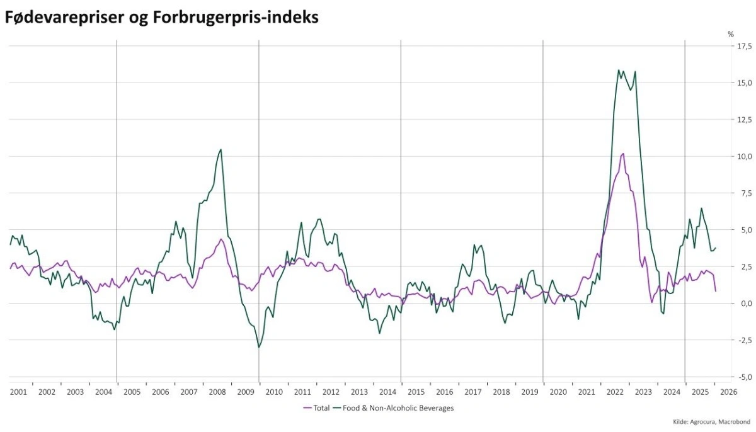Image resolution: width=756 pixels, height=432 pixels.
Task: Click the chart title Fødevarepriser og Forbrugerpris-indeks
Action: (x=161, y=18)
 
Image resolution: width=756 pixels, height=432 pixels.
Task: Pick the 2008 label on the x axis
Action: (x=217, y=392)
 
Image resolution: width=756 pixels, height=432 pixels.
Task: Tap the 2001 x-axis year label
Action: (x=18, y=392)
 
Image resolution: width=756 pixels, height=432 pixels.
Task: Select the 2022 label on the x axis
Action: (x=615, y=392)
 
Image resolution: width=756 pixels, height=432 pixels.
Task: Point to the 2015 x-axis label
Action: (x=416, y=392)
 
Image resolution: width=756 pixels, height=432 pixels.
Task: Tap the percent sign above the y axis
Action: (x=731, y=34)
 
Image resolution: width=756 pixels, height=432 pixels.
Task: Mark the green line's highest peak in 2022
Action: (x=619, y=70)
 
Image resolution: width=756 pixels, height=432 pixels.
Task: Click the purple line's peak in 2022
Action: (x=622, y=154)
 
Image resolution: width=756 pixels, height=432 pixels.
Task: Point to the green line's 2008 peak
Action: (x=220, y=149)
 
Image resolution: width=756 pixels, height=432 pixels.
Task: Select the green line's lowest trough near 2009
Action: (x=258, y=347)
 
